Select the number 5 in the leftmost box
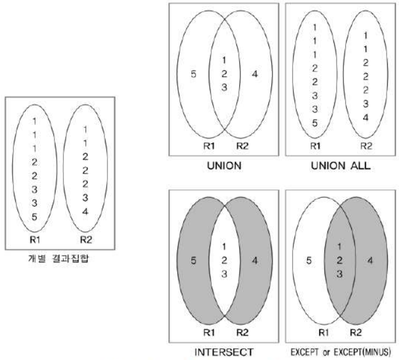[34, 217]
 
